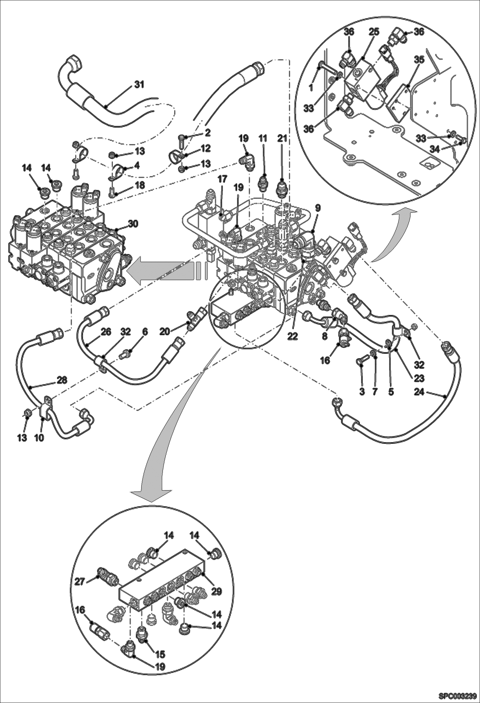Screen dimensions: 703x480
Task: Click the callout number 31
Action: coord(139,85)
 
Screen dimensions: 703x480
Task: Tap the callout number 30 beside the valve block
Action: coord(133,224)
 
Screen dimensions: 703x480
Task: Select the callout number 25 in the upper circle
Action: coord(373,32)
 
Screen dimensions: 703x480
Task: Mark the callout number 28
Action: coord(62,380)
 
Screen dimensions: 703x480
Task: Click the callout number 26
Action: coord(106,332)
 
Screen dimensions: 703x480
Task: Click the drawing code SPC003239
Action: coord(458,694)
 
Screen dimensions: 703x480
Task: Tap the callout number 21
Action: coord(282,138)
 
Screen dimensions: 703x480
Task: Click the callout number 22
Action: coord(292,336)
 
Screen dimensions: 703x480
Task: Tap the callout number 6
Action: coord(145,332)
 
